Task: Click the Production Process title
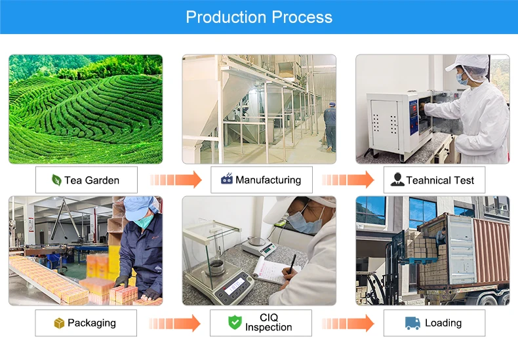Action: pyautogui.click(x=259, y=17)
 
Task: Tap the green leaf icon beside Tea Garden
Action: pyautogui.click(x=56, y=180)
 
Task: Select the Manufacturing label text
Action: pyautogui.click(x=268, y=180)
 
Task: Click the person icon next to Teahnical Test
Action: pyautogui.click(x=397, y=180)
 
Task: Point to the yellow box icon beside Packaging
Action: pyautogui.click(x=59, y=323)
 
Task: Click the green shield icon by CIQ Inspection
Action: pyautogui.click(x=235, y=323)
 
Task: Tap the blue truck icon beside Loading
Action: pyautogui.click(x=412, y=323)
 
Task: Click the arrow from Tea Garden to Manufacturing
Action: pyautogui.click(x=175, y=180)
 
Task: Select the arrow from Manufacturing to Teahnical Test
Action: pyautogui.click(x=348, y=180)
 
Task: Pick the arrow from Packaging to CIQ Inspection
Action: pyautogui.click(x=174, y=323)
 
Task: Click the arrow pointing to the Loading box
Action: pyautogui.click(x=348, y=323)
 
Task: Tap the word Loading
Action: pyautogui.click(x=443, y=323)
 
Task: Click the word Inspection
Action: pyautogui.click(x=268, y=327)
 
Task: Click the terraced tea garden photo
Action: pyautogui.click(x=85, y=109)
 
